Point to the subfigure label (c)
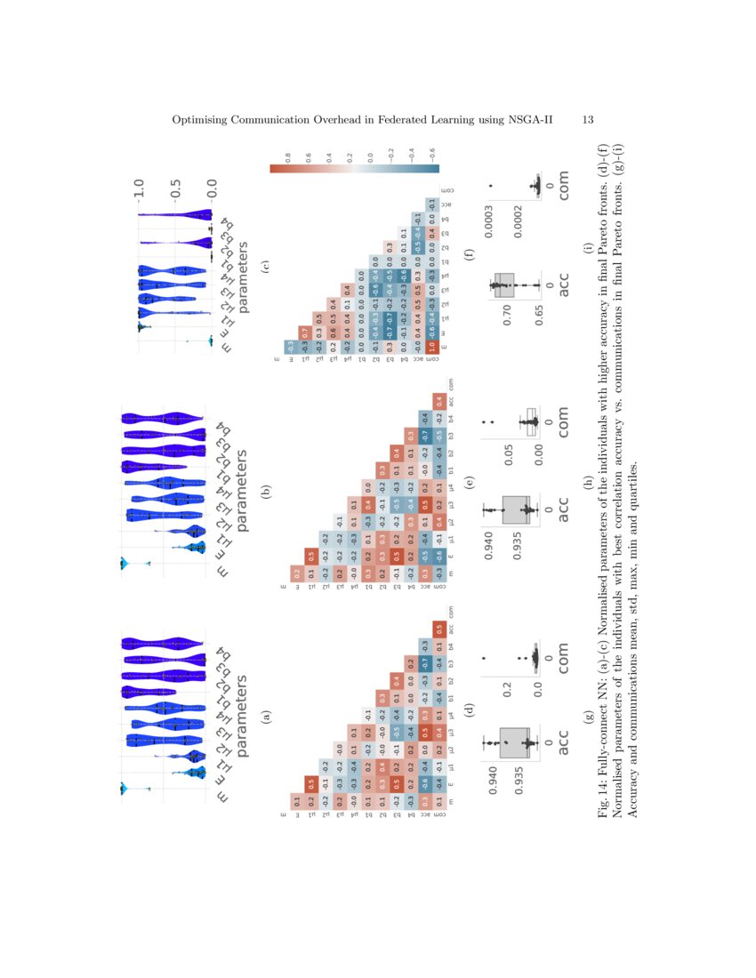coord(264,264)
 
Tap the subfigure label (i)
coord(588,264)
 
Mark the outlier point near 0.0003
coord(489,186)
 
